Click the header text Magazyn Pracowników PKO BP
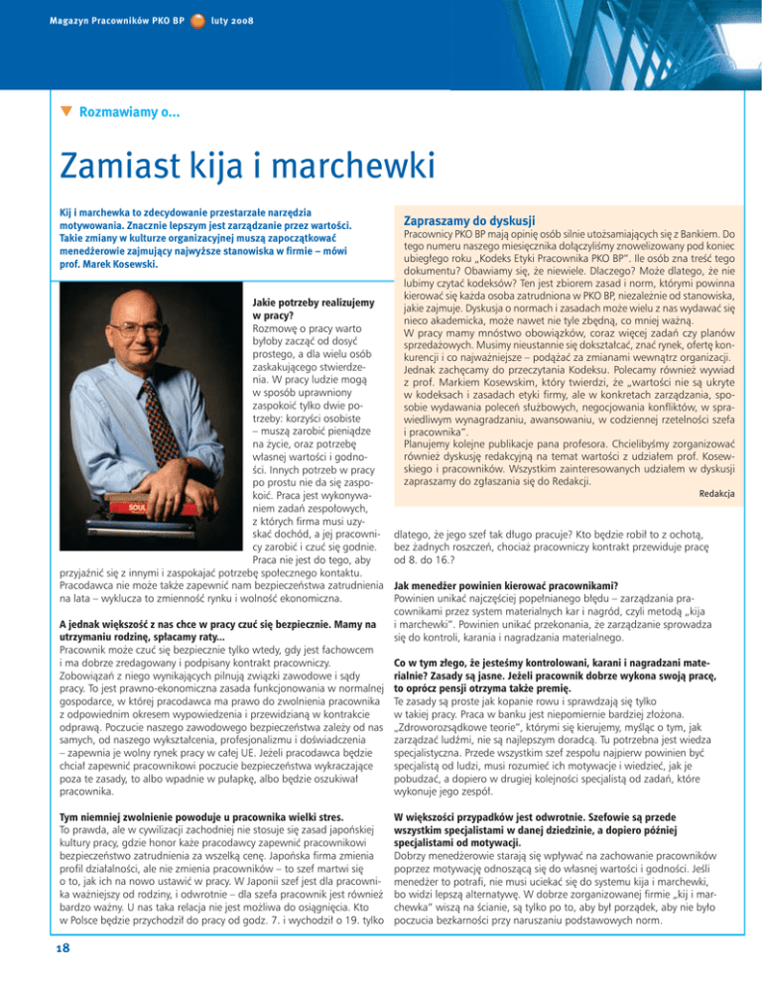click(95, 19)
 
